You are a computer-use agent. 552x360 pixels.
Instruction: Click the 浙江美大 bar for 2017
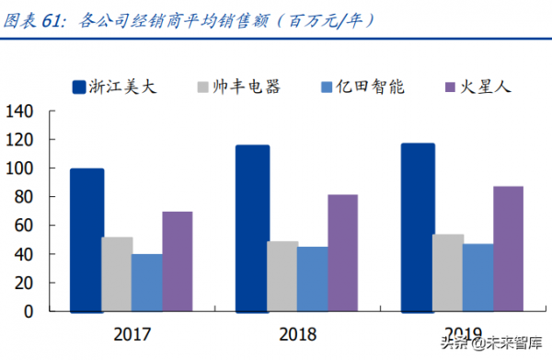pos(86,239)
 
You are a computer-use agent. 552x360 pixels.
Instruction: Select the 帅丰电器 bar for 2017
pos(117,273)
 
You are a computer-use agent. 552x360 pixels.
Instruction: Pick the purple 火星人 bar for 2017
pos(178,261)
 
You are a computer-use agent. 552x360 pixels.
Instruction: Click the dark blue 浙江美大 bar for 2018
pos(252,227)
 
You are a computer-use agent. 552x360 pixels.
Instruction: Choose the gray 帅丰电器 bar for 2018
pos(282,275)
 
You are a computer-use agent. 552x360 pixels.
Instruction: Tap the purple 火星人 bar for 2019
pos(508,248)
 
